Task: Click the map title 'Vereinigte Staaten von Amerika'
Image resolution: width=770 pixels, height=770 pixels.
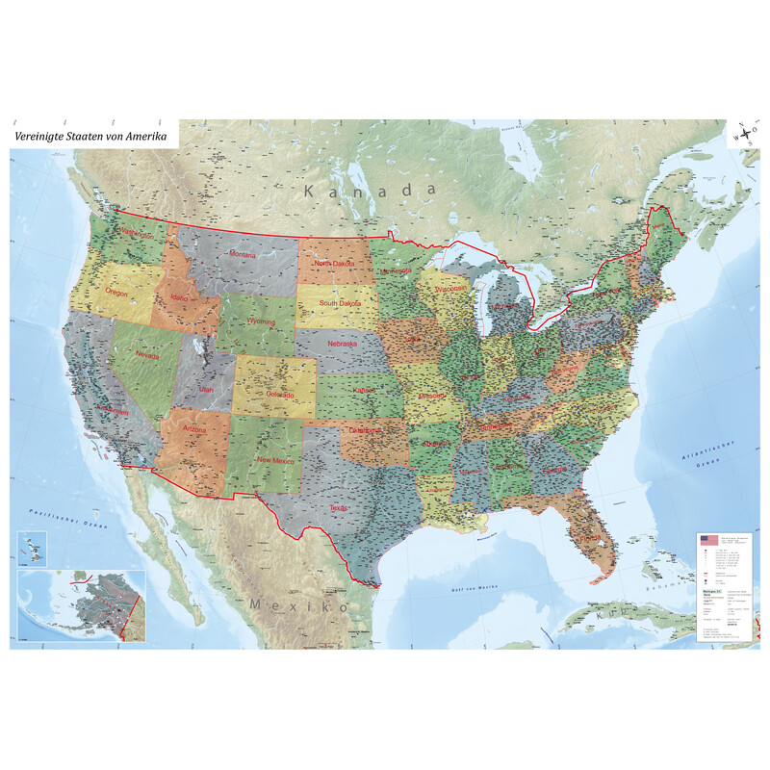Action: tap(90, 137)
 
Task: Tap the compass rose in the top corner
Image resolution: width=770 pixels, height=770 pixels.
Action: tap(744, 134)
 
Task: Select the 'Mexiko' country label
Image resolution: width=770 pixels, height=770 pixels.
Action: tap(299, 605)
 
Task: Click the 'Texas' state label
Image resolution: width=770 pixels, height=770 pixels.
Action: tap(337, 507)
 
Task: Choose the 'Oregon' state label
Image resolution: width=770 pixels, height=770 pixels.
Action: tap(116, 292)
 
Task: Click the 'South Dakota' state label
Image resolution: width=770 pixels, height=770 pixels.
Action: tap(342, 303)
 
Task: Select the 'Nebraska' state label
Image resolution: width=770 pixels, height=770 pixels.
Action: tap(342, 344)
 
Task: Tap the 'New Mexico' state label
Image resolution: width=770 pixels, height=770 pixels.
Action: tap(275, 460)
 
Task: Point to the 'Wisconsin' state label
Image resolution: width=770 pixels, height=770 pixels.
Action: tap(449, 288)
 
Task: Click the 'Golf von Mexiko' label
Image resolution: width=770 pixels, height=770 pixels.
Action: tap(478, 586)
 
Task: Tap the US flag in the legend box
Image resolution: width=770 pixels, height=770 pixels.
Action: tap(708, 540)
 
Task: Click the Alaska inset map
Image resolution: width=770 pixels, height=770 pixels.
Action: tap(81, 604)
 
